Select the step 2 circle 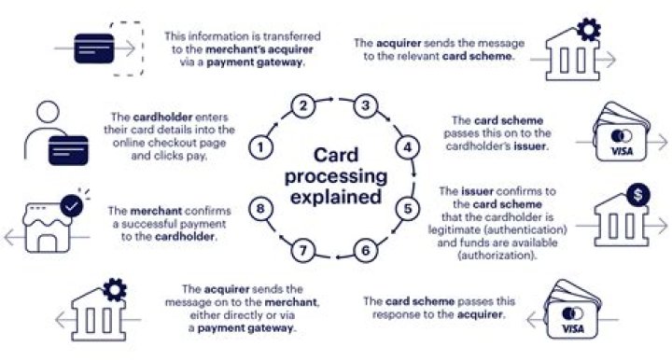coord(301,106)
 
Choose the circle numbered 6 coord(366,250)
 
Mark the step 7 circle coord(301,250)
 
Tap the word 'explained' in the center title coord(334,197)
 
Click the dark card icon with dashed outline coord(97,43)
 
